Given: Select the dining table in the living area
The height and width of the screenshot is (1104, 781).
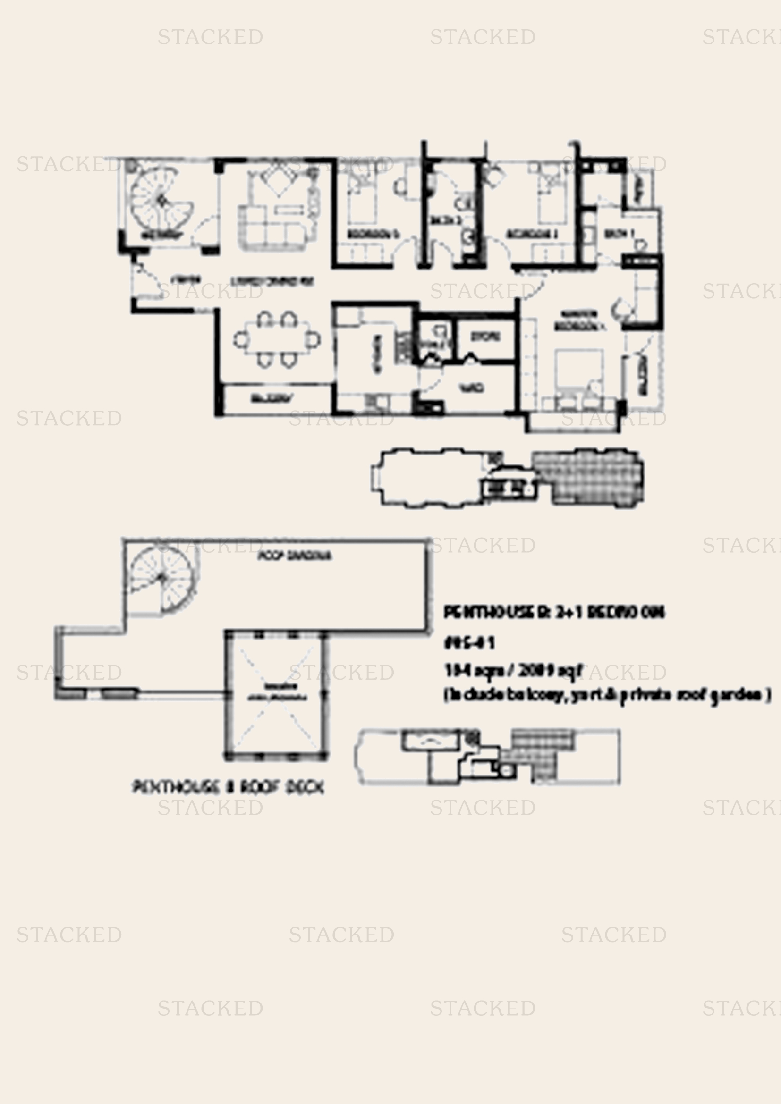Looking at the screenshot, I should (277, 339).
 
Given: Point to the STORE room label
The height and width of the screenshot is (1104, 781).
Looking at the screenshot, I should (485, 337).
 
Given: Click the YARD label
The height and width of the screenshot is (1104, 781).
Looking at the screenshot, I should (471, 388).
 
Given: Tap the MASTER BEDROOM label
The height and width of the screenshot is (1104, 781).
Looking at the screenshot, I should (579, 320).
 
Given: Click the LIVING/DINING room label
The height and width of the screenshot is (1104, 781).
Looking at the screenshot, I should (272, 281).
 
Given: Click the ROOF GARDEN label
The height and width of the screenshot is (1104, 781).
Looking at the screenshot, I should (294, 556).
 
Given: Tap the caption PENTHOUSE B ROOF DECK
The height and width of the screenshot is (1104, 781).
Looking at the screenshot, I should (228, 787).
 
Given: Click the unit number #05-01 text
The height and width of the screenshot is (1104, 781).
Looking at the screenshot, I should (469, 643).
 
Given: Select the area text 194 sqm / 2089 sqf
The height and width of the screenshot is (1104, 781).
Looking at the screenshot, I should (513, 670).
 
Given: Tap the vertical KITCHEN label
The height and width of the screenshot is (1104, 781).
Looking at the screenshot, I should (378, 354).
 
